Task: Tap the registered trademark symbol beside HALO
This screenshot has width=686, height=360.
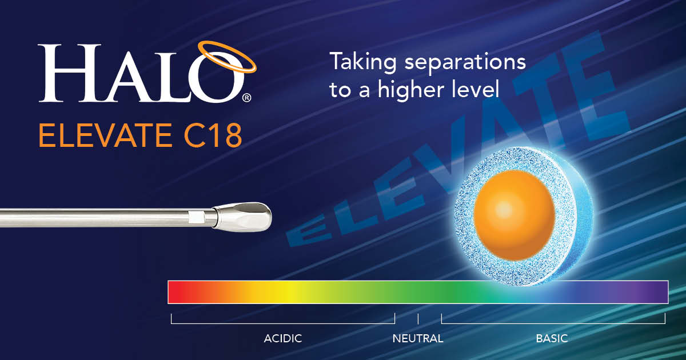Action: click(246, 98)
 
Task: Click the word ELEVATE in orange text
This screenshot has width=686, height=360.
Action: click(102, 137)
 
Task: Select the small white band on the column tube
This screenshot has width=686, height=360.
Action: click(196, 217)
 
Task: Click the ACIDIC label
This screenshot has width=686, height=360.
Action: click(282, 338)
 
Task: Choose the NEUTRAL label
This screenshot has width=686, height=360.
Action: click(418, 338)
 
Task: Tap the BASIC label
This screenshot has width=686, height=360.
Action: click(552, 338)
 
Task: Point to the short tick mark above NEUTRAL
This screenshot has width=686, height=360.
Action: click(418, 318)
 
